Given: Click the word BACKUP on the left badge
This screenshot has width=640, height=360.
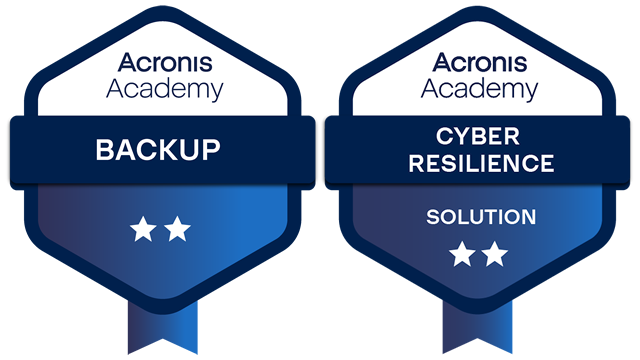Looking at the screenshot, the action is [x=158, y=152].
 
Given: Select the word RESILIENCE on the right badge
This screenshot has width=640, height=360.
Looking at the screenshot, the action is [x=480, y=163].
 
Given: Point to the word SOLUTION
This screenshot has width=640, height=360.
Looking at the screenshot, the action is [x=480, y=217].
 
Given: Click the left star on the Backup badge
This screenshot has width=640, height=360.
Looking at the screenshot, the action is [x=141, y=231].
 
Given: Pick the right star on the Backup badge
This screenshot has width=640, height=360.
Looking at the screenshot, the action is [x=177, y=231].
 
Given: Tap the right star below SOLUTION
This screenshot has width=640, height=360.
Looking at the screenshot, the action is [x=495, y=254].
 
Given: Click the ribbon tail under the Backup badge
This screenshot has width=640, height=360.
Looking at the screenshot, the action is [x=160, y=330].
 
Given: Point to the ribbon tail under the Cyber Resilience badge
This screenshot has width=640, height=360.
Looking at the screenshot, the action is [x=477, y=330].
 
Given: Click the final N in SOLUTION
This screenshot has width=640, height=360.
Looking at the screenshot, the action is [x=528, y=217].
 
